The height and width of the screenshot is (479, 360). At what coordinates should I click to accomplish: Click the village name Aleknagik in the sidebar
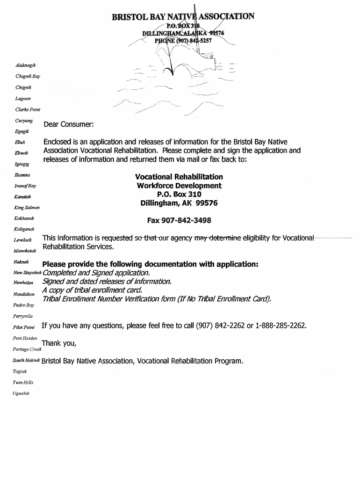(x=26, y=64)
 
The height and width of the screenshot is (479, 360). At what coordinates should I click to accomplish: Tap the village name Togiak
(x=21, y=371)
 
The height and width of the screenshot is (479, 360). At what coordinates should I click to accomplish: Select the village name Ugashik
(x=22, y=393)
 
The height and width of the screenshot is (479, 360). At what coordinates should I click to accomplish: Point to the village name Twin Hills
(x=23, y=382)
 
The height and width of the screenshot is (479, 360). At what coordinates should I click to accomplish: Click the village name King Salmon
(x=28, y=207)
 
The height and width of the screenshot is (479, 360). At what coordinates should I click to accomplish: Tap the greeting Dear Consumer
(x=69, y=124)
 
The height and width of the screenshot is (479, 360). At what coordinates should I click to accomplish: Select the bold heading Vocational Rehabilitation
(x=179, y=177)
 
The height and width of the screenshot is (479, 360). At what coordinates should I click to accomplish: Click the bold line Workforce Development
(x=179, y=186)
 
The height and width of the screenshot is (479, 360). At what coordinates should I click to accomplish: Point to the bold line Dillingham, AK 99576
(x=179, y=203)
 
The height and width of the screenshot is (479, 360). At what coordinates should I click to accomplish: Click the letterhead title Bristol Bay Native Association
(x=183, y=18)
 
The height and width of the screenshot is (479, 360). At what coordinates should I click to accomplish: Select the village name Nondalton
(x=24, y=294)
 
